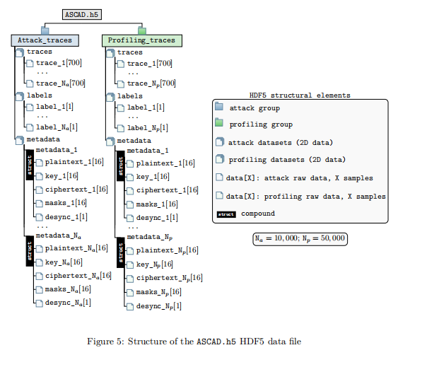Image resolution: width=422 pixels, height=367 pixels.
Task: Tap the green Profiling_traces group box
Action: (141, 40)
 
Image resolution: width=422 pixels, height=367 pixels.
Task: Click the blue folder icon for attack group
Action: (219, 108)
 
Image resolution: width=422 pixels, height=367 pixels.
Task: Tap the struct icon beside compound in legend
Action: (226, 214)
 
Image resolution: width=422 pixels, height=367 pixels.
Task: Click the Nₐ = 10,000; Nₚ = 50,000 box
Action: (300, 238)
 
